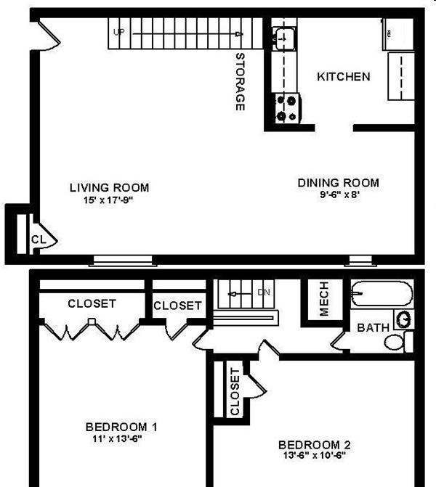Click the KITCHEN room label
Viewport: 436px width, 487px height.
coord(344,77)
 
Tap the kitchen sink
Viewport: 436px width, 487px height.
coord(284,38)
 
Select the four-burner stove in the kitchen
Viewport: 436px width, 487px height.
coord(286,108)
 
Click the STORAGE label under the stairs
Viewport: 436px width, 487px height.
coord(240,82)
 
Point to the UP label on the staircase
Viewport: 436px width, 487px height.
coord(118,32)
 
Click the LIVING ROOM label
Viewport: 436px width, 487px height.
coord(109,187)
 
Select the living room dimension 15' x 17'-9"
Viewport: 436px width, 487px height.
coord(108,200)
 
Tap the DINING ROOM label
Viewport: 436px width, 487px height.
coord(339,183)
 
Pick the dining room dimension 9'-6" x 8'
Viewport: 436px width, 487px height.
coord(340,195)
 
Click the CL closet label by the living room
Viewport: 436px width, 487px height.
coord(39,240)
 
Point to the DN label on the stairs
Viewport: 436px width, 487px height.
coord(264,292)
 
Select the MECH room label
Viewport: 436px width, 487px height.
coord(324,299)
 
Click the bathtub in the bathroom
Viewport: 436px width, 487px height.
coord(382,293)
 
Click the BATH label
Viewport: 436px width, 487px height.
coord(374,327)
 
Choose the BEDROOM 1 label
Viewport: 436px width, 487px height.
coord(121,427)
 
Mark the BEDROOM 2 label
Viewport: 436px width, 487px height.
coord(315,445)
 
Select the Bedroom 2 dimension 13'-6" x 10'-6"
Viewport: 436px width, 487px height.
coord(315,455)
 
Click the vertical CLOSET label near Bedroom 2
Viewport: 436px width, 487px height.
coord(235,392)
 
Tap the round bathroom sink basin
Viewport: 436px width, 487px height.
coord(404,319)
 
